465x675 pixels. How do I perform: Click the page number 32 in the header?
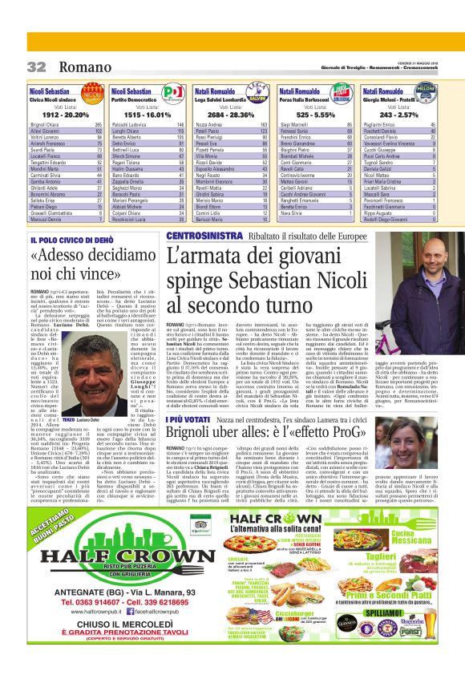pyautogui.click(x=37, y=66)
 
